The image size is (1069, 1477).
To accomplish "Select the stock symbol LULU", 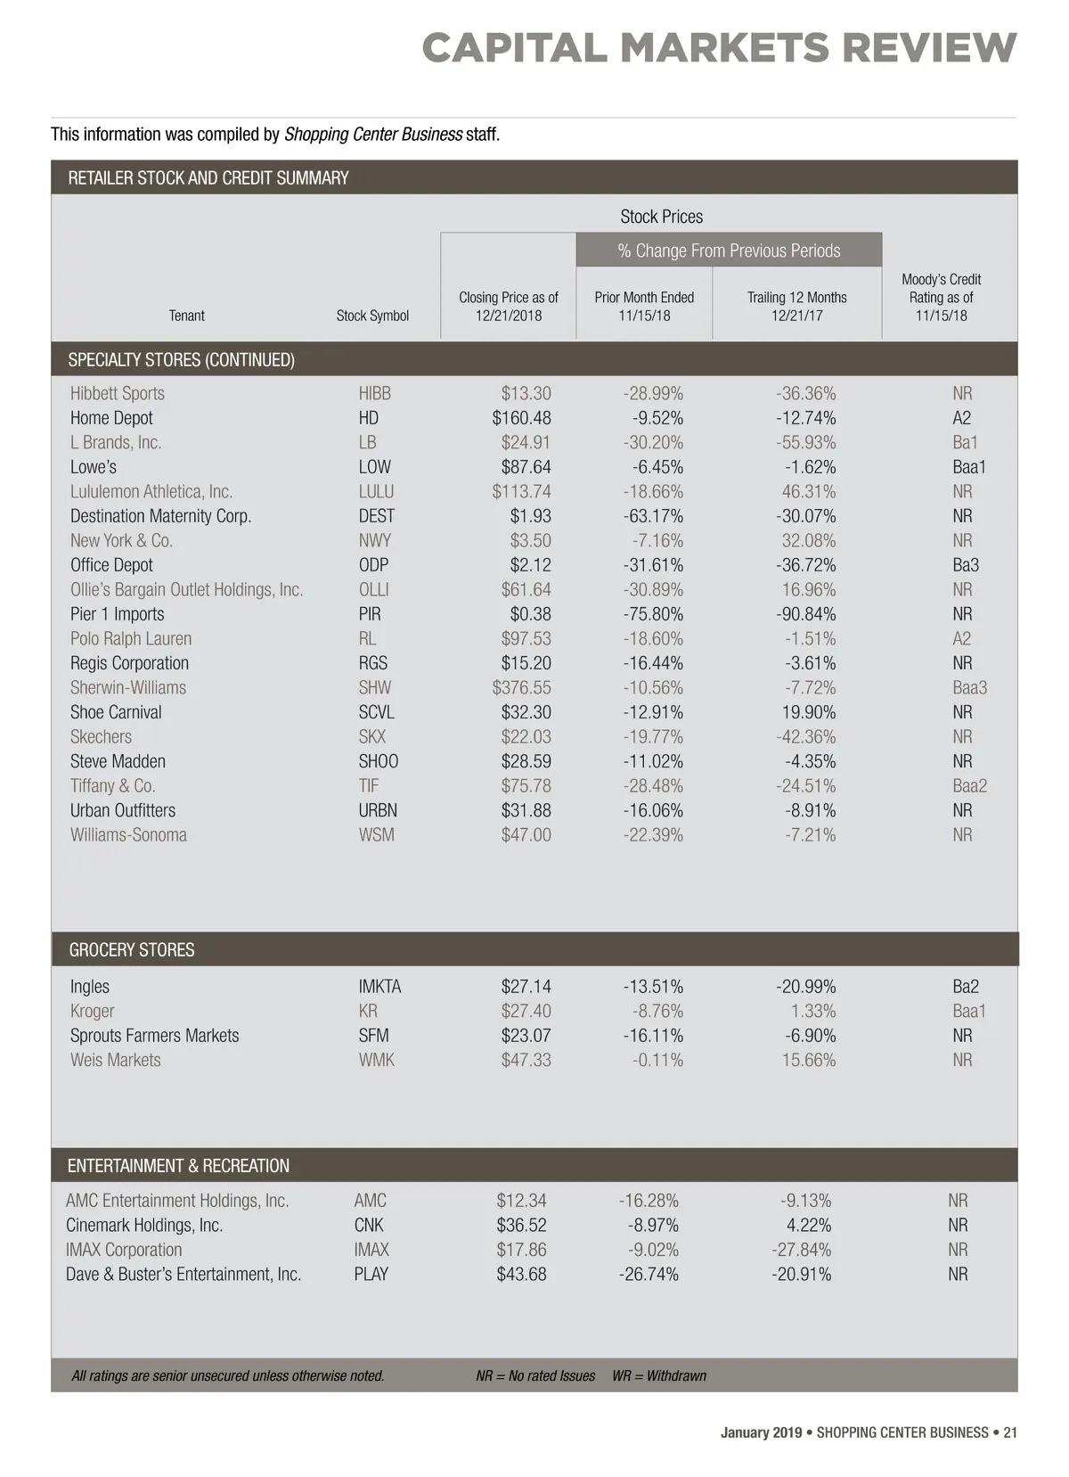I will click(376, 492).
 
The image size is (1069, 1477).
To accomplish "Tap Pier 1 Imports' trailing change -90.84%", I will click(805, 614).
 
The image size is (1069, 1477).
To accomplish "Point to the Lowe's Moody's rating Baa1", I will click(968, 467).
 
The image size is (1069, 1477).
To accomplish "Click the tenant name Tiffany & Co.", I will click(113, 786).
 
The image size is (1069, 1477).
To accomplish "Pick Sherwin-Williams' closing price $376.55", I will click(521, 688).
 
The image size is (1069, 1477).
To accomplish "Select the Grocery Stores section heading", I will click(132, 950).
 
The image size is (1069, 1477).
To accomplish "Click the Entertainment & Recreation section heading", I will click(178, 1166).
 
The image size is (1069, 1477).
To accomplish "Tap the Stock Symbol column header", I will click(372, 316).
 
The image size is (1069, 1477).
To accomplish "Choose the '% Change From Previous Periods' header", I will click(729, 250).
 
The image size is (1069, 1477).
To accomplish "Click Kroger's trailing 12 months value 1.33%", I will click(812, 1012).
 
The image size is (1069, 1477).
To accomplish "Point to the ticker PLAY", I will click(371, 1275).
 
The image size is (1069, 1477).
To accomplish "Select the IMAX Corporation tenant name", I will click(124, 1250).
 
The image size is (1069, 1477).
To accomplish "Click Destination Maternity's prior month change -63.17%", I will click(653, 516).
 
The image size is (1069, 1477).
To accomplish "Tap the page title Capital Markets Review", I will click(719, 48).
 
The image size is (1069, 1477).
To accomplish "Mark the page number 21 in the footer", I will click(1010, 1433).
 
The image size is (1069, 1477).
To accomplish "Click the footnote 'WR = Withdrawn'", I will click(658, 1376).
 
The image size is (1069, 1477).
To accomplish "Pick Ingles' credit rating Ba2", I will click(965, 987).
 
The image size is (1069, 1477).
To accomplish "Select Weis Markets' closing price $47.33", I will click(526, 1061).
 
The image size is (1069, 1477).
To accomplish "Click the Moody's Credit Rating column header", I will click(941, 298).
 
